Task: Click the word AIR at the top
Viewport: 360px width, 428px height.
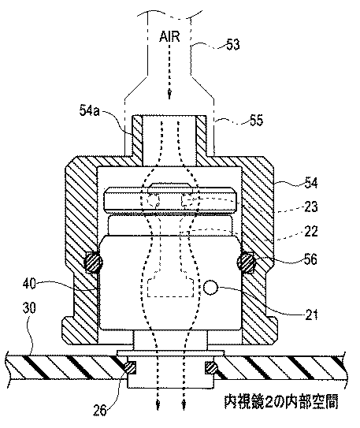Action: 169,36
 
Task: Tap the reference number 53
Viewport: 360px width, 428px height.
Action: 232,44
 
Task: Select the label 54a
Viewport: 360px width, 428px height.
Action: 90,110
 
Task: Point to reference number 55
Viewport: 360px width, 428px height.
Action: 256,120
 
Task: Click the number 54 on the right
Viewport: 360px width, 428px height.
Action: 310,183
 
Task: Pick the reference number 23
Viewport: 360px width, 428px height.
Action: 311,207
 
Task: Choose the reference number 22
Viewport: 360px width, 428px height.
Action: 311,231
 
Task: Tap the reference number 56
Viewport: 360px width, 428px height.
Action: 310,259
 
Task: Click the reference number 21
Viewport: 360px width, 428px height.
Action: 311,314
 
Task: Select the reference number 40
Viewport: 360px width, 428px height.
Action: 29,284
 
